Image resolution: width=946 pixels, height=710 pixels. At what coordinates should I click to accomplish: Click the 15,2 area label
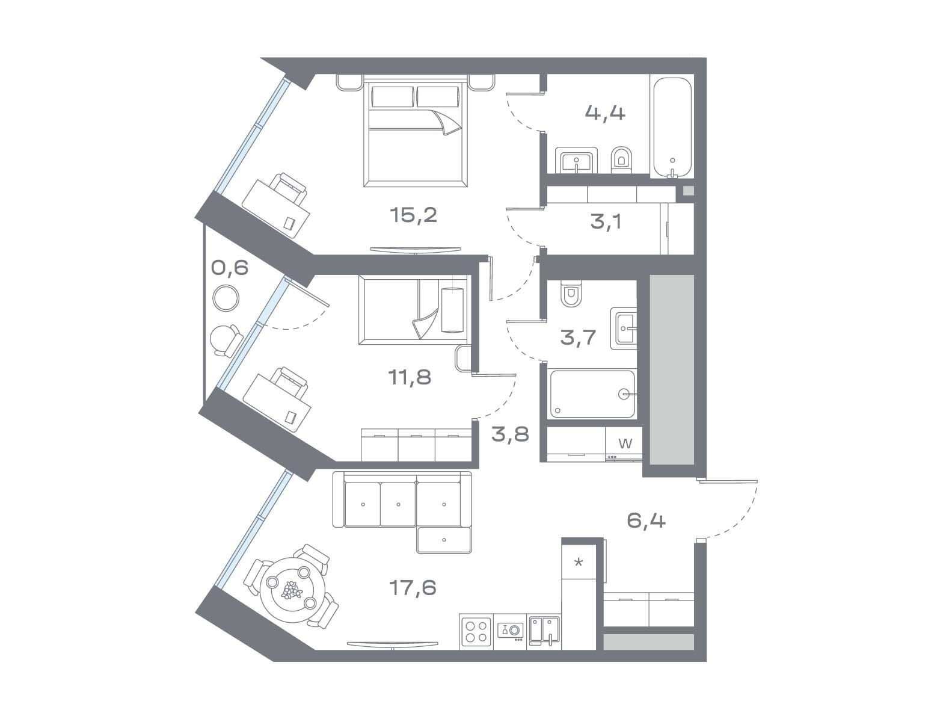[x=413, y=215]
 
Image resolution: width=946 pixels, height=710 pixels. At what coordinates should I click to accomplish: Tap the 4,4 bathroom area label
[x=605, y=113]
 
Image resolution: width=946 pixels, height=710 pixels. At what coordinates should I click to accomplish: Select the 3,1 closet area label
[x=606, y=222]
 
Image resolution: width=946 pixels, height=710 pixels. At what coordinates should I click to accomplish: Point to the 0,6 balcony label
[x=230, y=268]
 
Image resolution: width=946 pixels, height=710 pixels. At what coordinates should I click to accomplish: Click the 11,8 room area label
[x=410, y=377]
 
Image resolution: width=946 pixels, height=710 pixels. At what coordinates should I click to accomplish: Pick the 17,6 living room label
[x=413, y=588]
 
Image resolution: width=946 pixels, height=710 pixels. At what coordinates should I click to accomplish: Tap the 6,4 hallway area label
[x=646, y=520]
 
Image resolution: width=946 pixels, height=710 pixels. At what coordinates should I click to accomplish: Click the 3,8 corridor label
[x=510, y=434]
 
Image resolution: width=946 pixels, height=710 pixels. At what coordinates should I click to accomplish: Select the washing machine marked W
[x=624, y=445]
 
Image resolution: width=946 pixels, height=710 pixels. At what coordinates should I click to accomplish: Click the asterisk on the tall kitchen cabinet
[x=579, y=563]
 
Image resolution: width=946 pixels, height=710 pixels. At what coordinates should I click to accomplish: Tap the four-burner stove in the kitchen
[x=476, y=631]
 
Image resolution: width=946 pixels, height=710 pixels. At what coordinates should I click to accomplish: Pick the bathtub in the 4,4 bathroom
[x=672, y=128]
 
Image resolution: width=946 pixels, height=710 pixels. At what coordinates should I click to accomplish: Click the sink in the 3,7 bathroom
[x=624, y=329]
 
